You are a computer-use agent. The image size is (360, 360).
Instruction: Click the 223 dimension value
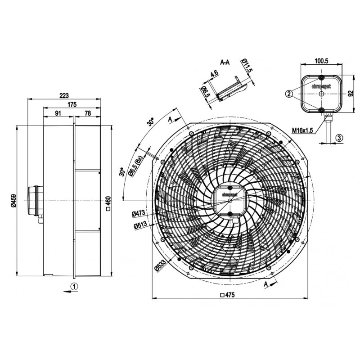[x=64, y=95]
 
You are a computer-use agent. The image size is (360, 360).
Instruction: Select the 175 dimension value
[x=72, y=104]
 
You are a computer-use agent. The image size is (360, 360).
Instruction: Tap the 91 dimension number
[x=58, y=113]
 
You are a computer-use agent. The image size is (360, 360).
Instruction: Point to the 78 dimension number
[x=88, y=113]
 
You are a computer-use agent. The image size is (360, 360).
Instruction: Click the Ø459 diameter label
[x=13, y=201]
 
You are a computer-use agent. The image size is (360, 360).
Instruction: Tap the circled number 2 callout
[x=289, y=94]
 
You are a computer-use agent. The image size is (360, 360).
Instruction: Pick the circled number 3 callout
[x=340, y=138]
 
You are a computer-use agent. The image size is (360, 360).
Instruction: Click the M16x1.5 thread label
[x=302, y=130]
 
